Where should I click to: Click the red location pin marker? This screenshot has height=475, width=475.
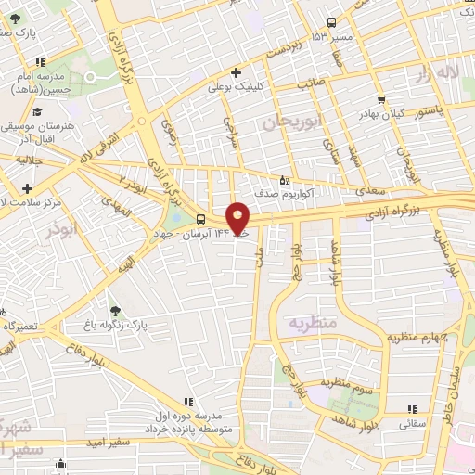238,217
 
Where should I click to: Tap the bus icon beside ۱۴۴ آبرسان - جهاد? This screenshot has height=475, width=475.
201,220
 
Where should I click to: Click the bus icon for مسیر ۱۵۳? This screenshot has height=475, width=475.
332,23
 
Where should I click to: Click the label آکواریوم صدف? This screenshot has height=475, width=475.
312,194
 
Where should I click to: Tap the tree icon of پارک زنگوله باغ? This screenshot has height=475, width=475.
114,312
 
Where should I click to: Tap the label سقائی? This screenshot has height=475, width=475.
412,423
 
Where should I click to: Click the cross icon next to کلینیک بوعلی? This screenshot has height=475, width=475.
237,72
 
